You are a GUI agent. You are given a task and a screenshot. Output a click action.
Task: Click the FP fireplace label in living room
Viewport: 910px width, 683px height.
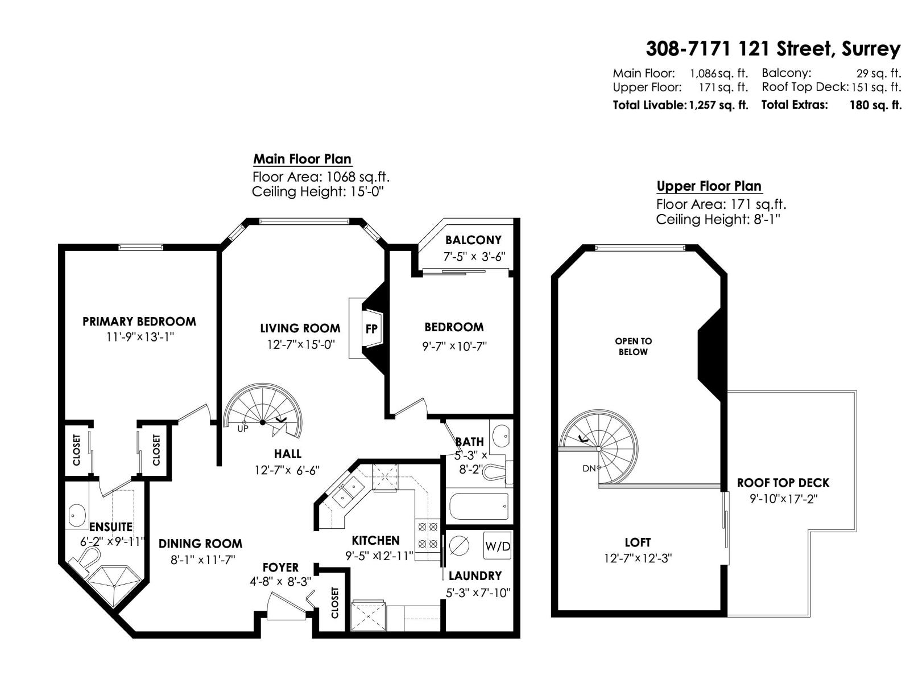371,329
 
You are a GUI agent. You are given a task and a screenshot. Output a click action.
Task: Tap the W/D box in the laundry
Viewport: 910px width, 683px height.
497,546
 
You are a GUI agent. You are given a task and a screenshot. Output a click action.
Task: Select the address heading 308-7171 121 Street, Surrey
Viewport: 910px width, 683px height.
773,49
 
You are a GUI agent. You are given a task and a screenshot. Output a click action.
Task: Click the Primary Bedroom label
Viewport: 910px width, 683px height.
139,322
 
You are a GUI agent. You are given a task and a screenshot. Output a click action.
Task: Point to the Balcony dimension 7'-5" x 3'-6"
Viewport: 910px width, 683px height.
474,257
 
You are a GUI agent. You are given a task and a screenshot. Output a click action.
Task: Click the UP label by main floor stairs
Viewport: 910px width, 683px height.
243,429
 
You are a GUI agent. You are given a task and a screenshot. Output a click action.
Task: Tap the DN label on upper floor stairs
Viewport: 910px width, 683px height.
589,468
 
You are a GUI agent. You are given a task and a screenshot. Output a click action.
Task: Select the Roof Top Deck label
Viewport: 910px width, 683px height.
783,483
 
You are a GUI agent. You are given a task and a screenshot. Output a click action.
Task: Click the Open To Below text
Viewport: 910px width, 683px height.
633,346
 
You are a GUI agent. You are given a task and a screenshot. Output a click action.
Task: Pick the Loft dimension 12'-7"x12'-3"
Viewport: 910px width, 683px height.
638,558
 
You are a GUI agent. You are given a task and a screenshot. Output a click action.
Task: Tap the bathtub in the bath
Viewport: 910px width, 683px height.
479,506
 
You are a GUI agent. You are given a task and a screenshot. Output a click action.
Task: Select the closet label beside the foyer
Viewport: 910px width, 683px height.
334,603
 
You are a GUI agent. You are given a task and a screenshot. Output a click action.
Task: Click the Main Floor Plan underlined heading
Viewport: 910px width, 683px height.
302,159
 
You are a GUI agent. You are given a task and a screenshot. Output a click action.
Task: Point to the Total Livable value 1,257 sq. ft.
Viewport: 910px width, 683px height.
718,105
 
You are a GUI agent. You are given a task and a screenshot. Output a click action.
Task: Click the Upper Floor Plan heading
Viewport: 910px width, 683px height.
709,186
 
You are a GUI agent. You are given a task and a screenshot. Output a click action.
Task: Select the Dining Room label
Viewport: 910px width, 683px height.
200,544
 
